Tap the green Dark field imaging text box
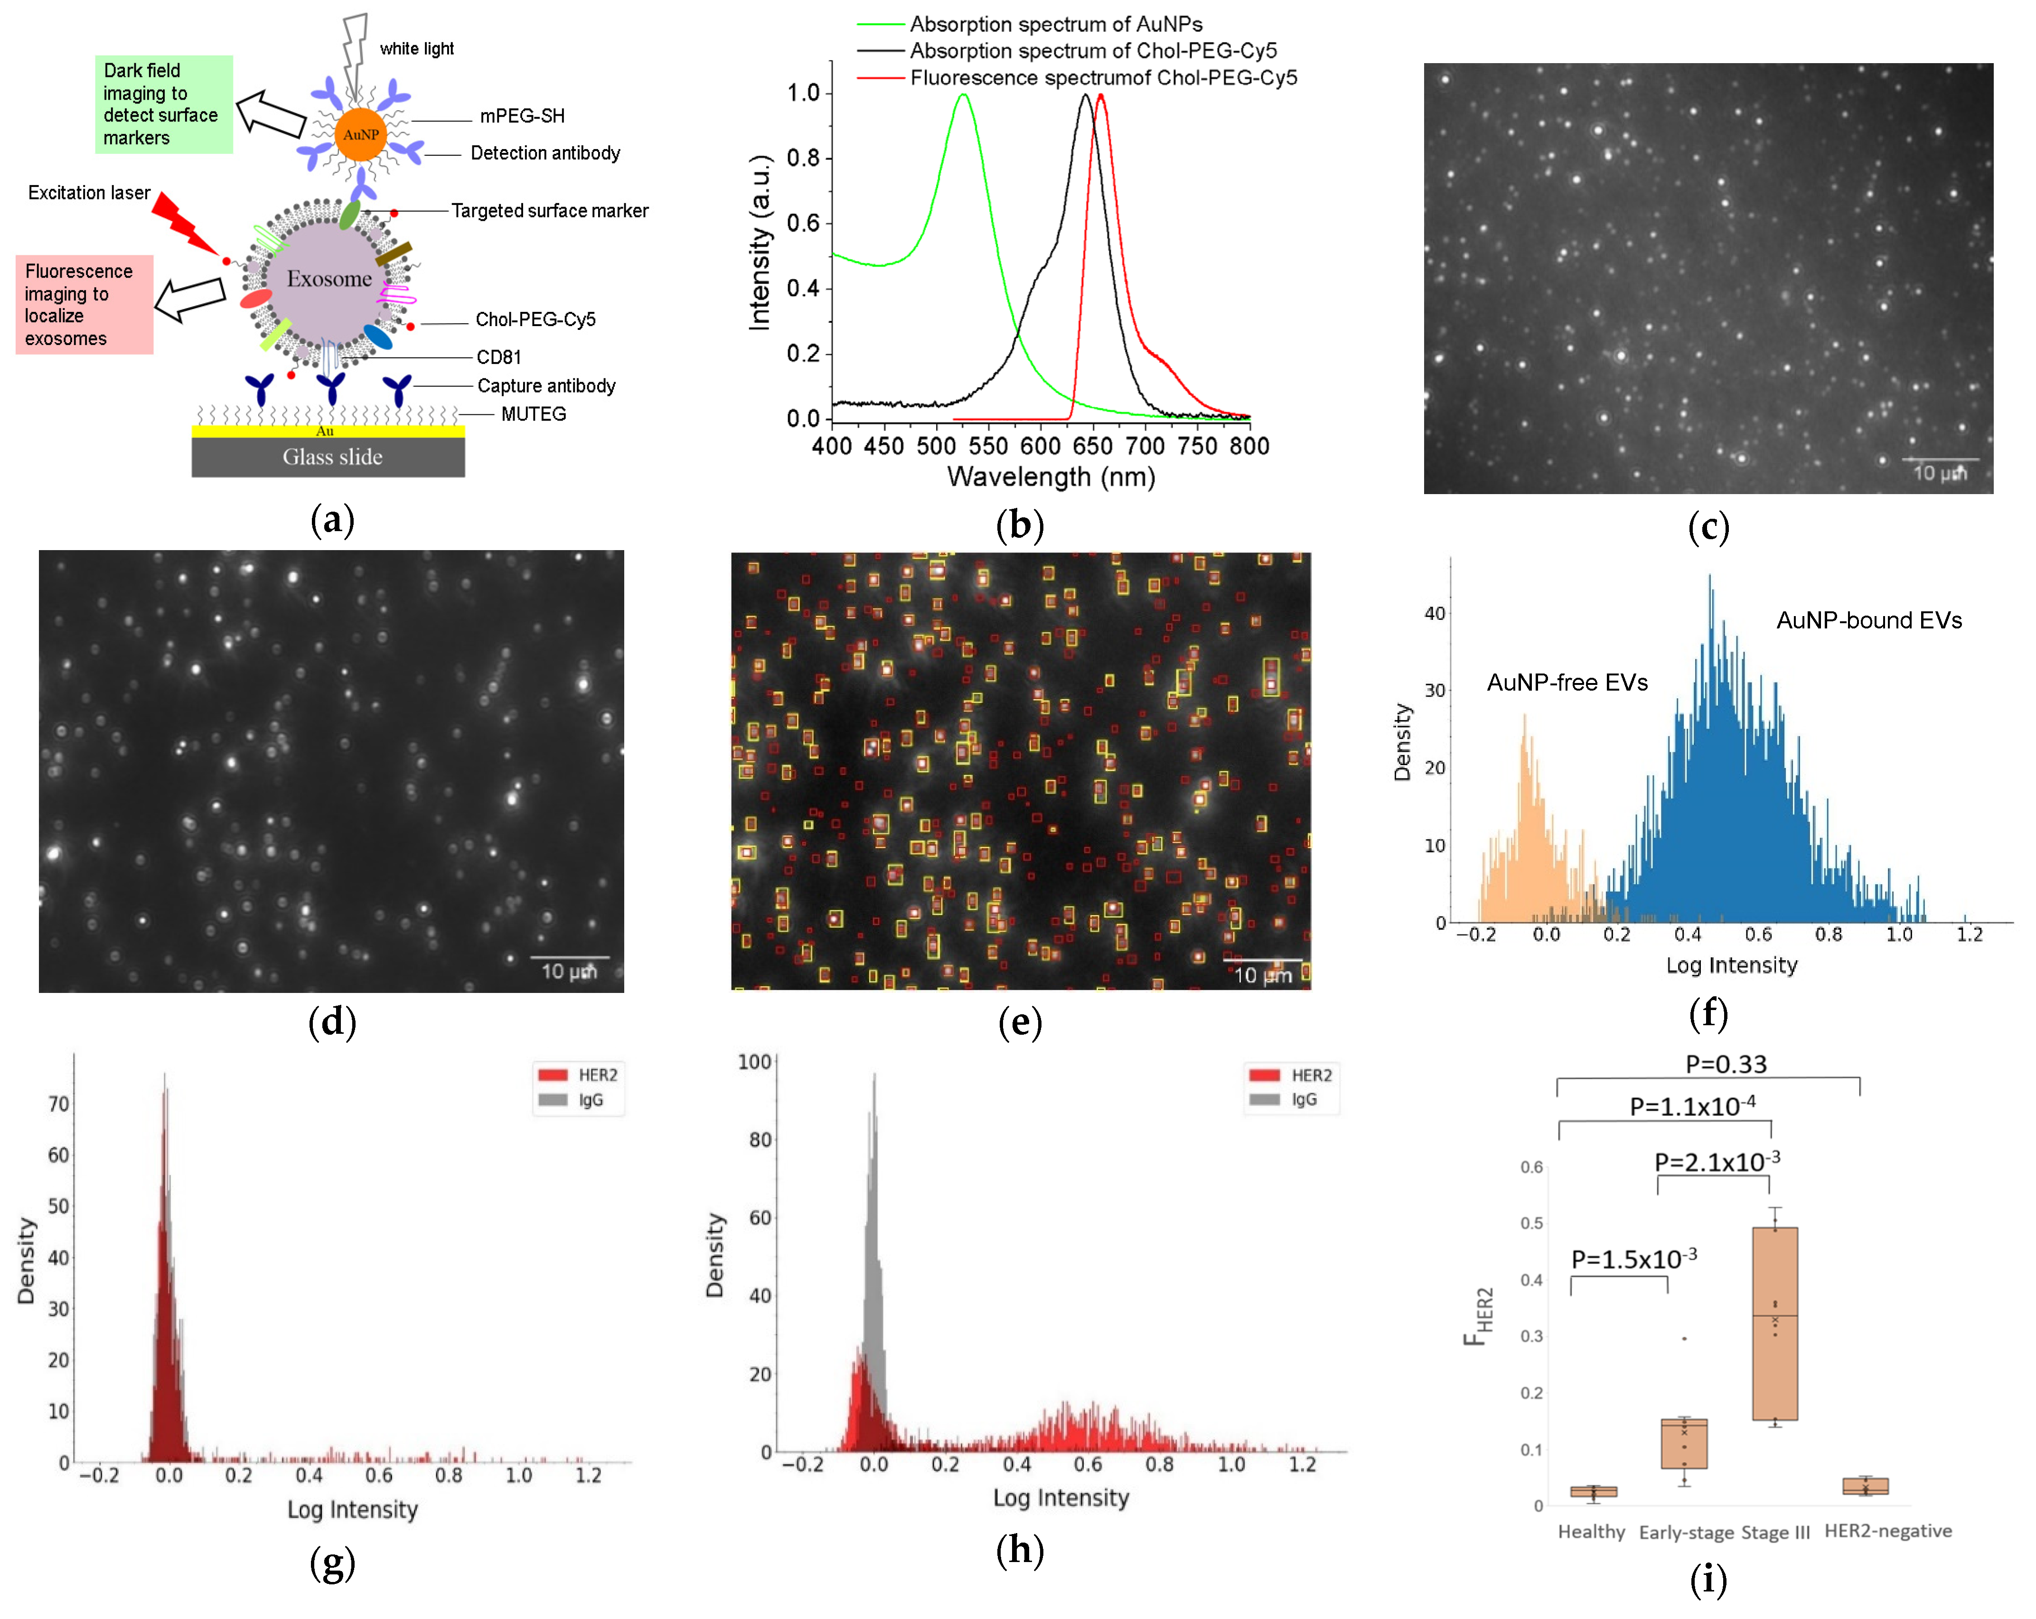pyautogui.click(x=162, y=104)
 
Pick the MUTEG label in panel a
pyautogui.click(x=534, y=413)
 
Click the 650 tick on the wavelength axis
pyautogui.click(x=1093, y=446)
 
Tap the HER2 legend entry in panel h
pyautogui.click(x=1310, y=1075)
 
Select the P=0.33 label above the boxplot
pyautogui.click(x=1726, y=1064)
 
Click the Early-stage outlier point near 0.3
pyautogui.click(x=1684, y=1338)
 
